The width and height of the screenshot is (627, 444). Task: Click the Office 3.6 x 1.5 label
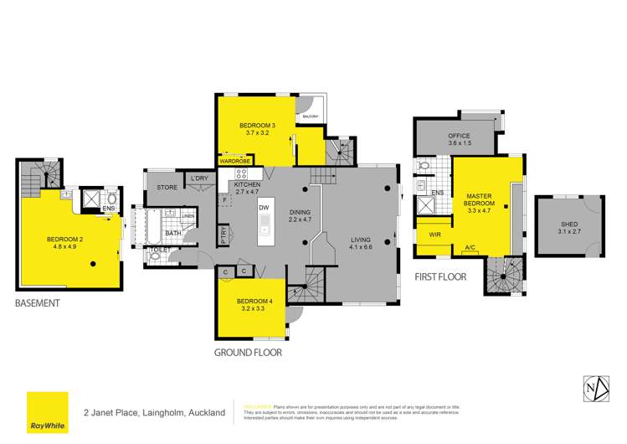point(459,139)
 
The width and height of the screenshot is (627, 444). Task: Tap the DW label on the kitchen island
point(263,207)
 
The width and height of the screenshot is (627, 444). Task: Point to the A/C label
point(471,248)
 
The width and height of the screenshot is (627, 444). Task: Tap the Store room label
point(167,187)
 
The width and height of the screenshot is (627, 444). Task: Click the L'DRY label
point(199,178)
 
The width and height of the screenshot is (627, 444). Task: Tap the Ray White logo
point(48,413)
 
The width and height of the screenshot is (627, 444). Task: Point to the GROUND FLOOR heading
point(248,353)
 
